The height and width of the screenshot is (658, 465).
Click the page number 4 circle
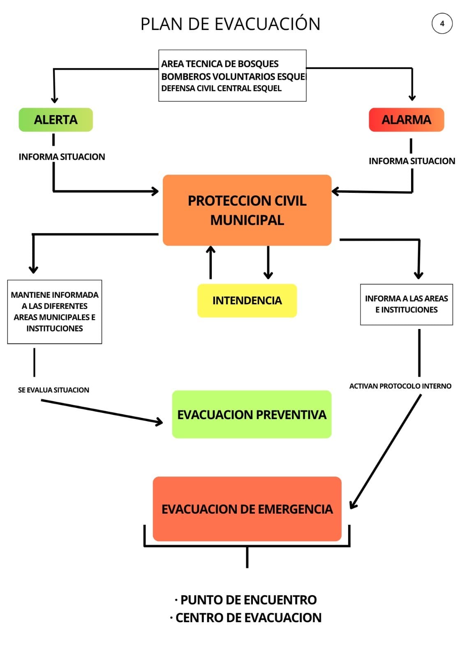pos(442,23)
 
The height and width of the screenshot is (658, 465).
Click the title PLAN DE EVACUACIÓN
pos(230,24)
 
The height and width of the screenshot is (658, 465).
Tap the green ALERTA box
pos(56,120)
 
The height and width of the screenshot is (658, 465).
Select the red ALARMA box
pos(406,120)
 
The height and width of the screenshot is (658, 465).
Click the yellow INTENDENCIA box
pos(247,301)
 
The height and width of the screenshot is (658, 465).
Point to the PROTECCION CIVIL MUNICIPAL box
pos(247,210)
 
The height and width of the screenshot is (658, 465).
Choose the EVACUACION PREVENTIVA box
pos(252,415)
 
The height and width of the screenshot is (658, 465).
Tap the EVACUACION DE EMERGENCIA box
pos(247,509)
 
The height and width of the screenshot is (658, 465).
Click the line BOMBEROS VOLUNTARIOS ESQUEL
pos(234,76)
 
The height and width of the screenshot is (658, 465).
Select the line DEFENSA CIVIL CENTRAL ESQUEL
pos(221,88)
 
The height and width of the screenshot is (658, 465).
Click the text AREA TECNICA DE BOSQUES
pos(220,64)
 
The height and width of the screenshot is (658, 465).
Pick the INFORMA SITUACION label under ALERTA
pos(62,157)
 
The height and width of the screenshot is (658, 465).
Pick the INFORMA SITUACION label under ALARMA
pos(412,161)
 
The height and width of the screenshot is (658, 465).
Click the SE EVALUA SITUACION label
pos(53,390)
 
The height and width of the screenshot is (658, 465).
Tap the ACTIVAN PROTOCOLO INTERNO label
pos(400,386)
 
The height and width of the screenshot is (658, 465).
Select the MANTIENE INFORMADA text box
pos(55,312)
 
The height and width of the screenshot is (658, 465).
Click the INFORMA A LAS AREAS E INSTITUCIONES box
pos(406,304)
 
